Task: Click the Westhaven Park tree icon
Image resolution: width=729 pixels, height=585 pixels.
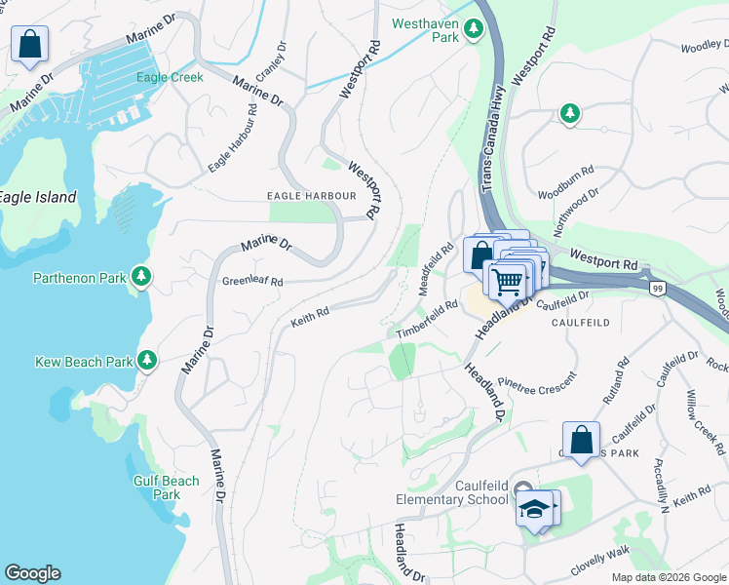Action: (x=474, y=29)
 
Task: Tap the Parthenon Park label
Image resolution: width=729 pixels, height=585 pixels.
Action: (x=80, y=278)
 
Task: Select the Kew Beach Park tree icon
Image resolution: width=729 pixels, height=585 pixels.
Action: (x=147, y=362)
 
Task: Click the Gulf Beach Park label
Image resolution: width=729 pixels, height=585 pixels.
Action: (x=167, y=487)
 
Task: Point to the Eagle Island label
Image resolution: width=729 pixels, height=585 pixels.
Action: (x=38, y=197)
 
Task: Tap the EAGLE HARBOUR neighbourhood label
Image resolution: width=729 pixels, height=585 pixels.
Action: (x=312, y=196)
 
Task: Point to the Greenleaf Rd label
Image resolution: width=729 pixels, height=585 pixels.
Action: (x=252, y=282)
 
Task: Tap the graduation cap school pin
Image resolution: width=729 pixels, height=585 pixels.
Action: (x=534, y=509)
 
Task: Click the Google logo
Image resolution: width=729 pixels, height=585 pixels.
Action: (x=32, y=573)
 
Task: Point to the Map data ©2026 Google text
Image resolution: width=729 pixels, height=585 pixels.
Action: (x=668, y=577)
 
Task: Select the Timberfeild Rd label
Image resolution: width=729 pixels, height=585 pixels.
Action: (x=427, y=320)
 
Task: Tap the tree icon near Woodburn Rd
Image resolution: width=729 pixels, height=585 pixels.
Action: (x=570, y=114)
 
